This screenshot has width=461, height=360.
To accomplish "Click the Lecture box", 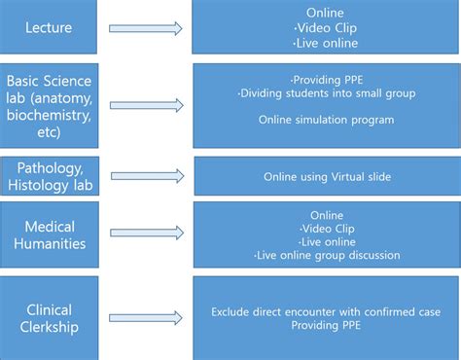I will (x=50, y=28).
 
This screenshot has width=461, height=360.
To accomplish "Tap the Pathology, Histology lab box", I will (x=50, y=176).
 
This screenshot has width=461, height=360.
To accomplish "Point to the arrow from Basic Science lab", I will (x=147, y=104).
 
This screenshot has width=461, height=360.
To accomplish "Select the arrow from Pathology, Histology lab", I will (x=147, y=176).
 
